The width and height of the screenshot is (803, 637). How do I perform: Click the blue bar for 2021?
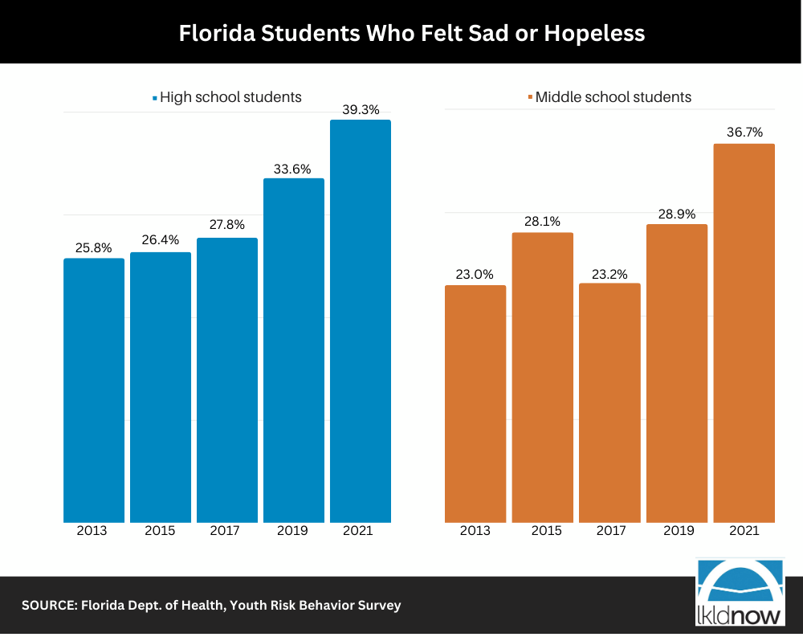tap(361, 321)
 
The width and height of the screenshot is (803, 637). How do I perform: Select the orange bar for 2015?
tap(543, 378)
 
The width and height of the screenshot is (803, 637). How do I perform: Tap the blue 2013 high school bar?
tap(94, 390)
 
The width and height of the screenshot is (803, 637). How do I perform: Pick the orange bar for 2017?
tap(609, 402)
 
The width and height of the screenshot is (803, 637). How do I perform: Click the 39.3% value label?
tap(361, 110)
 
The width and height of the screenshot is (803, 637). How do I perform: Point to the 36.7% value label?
tap(744, 133)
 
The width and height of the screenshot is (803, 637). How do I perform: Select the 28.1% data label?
tap(542, 222)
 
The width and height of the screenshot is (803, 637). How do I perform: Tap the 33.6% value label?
tap(294, 168)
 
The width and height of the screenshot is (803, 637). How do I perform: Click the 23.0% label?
tap(475, 274)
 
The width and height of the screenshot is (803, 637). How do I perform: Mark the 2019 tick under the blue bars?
tap(294, 531)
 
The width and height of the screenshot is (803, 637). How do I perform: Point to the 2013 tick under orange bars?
tap(475, 531)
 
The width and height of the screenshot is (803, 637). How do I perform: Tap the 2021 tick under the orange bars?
tap(744, 531)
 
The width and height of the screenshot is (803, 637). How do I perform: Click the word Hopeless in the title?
tap(594, 33)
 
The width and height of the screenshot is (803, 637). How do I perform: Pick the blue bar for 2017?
tap(227, 380)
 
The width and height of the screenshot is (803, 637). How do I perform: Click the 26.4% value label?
tap(161, 240)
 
